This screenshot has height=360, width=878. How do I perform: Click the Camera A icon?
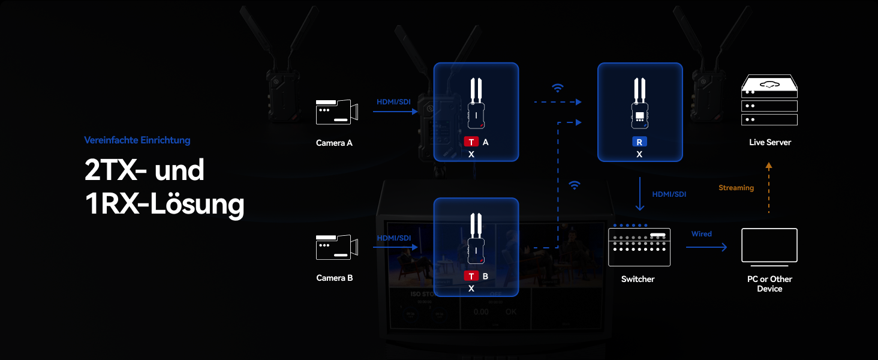(x=336, y=112)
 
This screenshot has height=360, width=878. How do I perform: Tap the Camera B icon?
(x=336, y=247)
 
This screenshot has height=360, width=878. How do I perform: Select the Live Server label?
(x=769, y=142)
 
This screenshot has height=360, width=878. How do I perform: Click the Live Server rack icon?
(x=769, y=100)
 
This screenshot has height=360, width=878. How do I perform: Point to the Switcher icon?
(x=639, y=247)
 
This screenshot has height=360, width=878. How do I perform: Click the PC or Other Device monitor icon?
(x=769, y=246)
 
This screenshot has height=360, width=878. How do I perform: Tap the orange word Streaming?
(x=736, y=188)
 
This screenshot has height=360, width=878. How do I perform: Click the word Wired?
(x=701, y=233)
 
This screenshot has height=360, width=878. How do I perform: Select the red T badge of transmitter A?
(x=471, y=142)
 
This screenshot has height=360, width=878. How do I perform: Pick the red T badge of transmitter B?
(x=471, y=276)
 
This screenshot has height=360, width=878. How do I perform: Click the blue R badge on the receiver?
(x=639, y=142)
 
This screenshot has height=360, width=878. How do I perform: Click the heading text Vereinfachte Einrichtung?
(x=137, y=140)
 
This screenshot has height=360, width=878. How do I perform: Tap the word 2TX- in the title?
(x=116, y=170)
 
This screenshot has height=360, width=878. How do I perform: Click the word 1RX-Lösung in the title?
(x=165, y=204)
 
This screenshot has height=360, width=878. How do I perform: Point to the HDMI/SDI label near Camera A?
(x=393, y=102)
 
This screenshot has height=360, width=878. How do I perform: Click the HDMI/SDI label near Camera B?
(x=394, y=238)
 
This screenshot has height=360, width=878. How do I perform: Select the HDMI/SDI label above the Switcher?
(x=669, y=194)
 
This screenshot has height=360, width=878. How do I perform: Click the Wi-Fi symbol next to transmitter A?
(x=558, y=88)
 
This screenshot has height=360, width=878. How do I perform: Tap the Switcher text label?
(x=638, y=279)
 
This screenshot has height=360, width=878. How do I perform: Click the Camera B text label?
(x=334, y=278)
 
